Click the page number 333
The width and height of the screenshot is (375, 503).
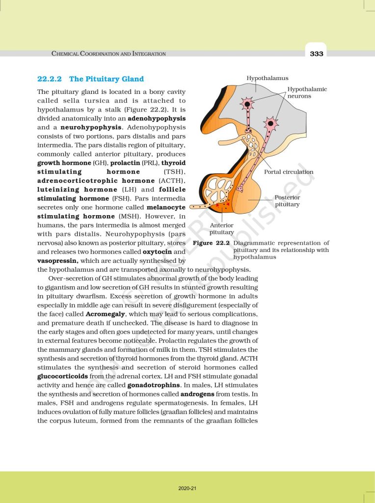click(317, 54)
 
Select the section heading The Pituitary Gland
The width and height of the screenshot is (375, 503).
click(107, 79)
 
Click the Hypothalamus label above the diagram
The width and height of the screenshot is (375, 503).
click(268, 78)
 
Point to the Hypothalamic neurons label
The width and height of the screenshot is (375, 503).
click(307, 92)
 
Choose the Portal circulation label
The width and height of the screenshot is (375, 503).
click(289, 172)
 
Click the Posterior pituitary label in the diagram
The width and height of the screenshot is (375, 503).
click(287, 200)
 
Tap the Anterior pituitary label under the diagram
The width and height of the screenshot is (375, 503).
click(222, 228)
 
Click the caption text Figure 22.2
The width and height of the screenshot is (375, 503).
click(211, 243)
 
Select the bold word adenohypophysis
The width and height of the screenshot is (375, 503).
click(157, 118)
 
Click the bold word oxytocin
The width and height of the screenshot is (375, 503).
click(157, 252)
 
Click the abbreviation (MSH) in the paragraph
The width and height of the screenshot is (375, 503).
click(131, 217)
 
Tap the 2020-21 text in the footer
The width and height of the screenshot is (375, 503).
click(187, 488)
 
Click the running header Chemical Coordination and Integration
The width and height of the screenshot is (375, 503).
click(108, 54)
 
